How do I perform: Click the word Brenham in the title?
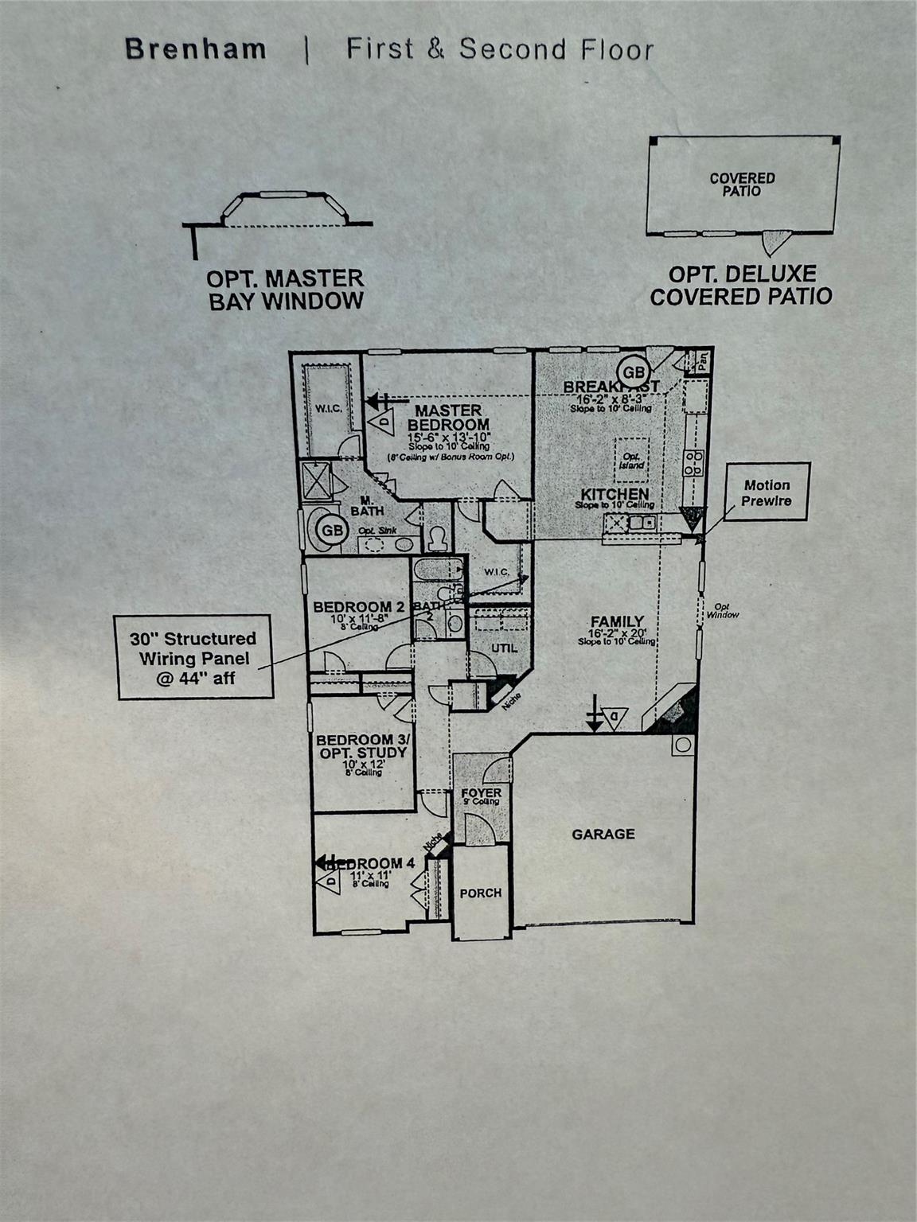tap(196, 49)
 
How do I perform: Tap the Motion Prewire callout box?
tap(767, 492)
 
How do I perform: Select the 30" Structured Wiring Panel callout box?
tap(193, 658)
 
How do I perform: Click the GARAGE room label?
tap(603, 834)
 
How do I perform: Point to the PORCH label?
tap(481, 893)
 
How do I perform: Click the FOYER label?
tap(481, 793)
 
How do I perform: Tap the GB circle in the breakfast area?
tap(634, 372)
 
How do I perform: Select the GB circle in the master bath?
tap(332, 530)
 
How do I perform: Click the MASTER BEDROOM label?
tap(450, 418)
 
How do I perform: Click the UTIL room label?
tap(504, 648)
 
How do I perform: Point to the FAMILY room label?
tap(617, 621)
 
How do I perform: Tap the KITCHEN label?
tap(615, 494)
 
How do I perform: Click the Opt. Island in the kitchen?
tap(633, 460)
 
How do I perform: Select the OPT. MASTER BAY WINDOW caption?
tap(285, 290)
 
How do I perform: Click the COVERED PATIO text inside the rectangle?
tap(742, 185)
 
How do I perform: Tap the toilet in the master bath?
tap(436, 539)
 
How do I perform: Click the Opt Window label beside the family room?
tap(723, 610)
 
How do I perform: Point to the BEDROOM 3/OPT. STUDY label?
tap(361, 746)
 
